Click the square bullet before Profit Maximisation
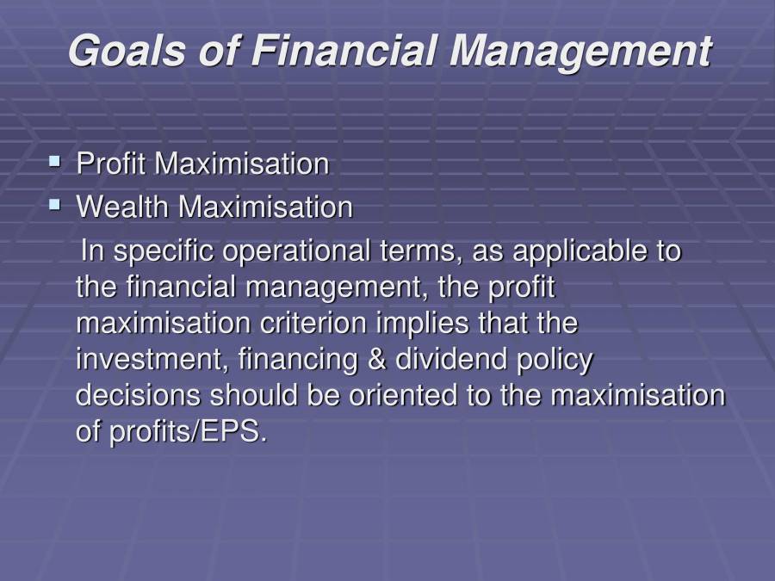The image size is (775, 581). [55, 161]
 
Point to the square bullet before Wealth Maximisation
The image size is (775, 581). [55, 205]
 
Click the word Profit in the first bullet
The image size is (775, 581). [112, 164]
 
